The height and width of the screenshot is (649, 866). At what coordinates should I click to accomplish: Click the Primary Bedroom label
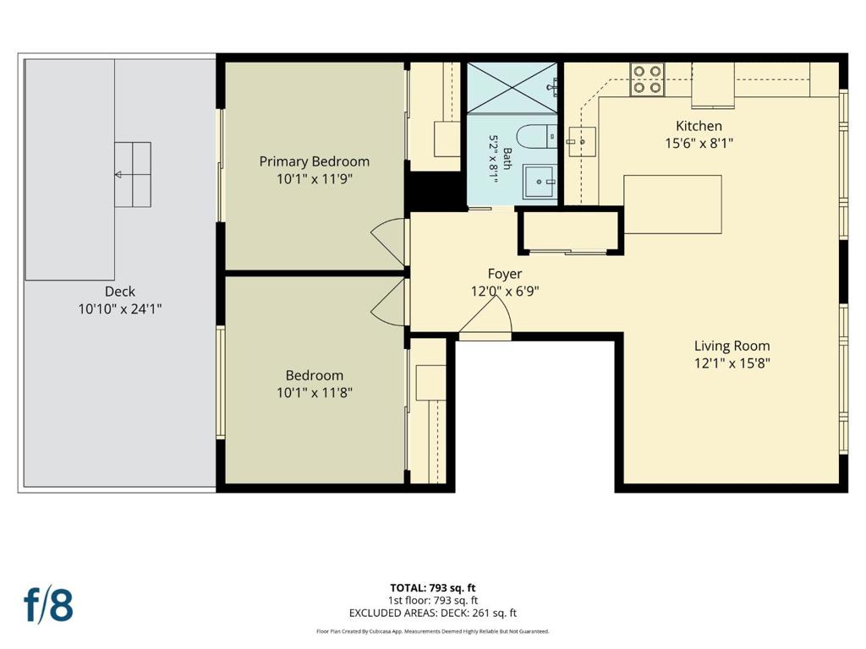click(315, 161)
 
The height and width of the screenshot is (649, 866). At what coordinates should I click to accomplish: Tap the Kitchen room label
click(699, 126)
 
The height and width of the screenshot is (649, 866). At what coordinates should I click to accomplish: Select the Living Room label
click(732, 346)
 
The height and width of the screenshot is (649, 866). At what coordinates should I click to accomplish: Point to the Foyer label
click(505, 274)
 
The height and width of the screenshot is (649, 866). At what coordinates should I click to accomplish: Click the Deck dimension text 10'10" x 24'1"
click(120, 308)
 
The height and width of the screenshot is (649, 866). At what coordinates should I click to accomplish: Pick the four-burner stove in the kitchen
click(647, 79)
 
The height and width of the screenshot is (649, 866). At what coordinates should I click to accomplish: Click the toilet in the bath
click(537, 136)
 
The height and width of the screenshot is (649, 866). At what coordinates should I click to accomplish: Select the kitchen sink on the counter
click(581, 142)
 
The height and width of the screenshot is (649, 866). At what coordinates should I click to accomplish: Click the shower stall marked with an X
click(512, 88)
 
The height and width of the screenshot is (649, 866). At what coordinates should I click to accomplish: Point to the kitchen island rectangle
click(672, 205)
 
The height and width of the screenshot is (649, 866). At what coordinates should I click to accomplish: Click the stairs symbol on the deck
click(133, 174)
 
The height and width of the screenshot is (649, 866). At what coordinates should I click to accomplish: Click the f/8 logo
click(48, 605)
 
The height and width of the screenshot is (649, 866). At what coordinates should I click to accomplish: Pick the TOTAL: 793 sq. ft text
click(432, 588)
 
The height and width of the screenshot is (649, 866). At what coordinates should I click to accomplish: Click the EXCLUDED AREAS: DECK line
click(432, 614)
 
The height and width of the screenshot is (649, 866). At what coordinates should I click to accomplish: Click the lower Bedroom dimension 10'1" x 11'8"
click(315, 392)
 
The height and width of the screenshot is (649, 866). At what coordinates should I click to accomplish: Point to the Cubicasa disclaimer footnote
click(432, 631)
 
